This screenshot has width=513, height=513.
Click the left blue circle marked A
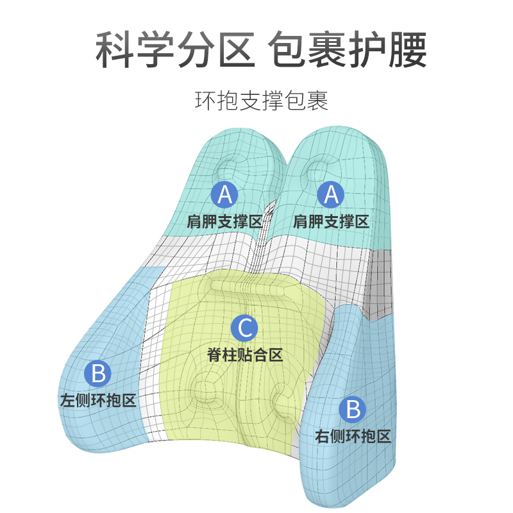click(224, 194)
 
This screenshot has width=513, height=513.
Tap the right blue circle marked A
click(331, 194)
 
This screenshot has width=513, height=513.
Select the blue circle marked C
click(245, 328)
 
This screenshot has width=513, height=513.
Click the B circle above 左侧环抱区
click(98, 374)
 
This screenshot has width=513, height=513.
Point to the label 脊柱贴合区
click(245, 355)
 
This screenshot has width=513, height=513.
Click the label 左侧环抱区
click(98, 401)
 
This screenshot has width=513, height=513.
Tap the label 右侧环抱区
click(353, 437)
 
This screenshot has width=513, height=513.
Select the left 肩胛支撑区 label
click(224, 222)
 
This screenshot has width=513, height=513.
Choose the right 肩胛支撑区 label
click(331, 222)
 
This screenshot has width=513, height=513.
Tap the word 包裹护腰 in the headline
click(347, 50)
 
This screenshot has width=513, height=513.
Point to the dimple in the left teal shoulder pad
click(229, 168)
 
